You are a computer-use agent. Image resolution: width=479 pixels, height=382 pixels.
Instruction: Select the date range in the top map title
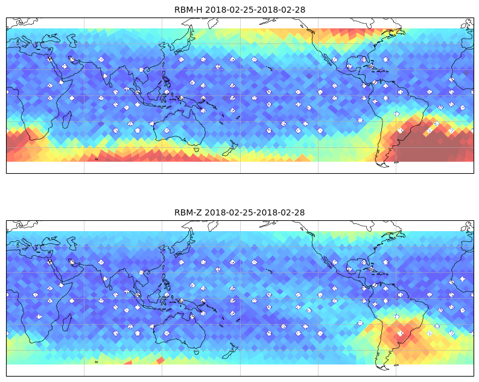(255, 10)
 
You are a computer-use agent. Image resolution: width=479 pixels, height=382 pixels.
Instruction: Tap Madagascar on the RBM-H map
(67, 119)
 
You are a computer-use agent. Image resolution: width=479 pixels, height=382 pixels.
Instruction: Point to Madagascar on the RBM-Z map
(67, 322)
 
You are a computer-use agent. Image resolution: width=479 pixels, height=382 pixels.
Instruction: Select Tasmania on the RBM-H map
(197, 150)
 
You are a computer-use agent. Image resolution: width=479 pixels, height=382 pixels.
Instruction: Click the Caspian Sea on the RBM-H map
(72, 40)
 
